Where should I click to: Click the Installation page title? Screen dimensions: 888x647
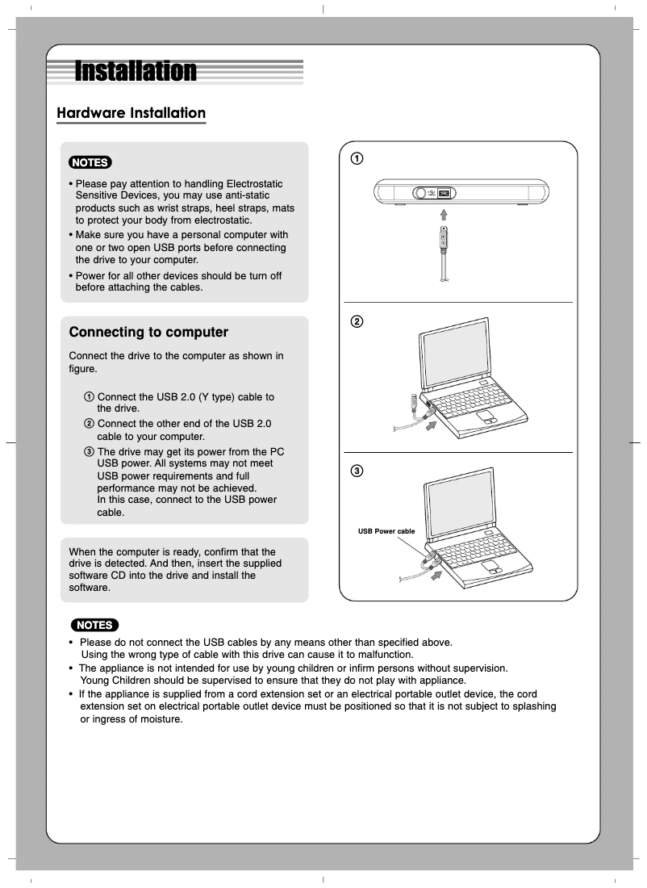[136, 71]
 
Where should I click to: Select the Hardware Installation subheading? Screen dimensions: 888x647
[131, 113]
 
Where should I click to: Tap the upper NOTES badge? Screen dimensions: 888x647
[90, 162]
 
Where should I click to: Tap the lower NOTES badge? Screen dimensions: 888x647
[94, 625]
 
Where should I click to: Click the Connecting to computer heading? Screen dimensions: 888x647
[148, 332]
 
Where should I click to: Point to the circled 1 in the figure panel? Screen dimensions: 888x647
[356, 157]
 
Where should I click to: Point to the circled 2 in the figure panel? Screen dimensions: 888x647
[356, 321]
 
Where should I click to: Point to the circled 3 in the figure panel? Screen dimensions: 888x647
[356, 471]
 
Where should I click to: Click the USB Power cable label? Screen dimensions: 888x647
[386, 531]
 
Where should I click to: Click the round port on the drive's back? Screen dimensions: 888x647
[420, 194]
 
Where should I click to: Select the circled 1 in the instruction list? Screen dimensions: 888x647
[89, 397]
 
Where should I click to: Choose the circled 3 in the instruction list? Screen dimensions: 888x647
[89, 451]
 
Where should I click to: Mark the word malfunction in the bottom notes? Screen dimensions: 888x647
[386, 655]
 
